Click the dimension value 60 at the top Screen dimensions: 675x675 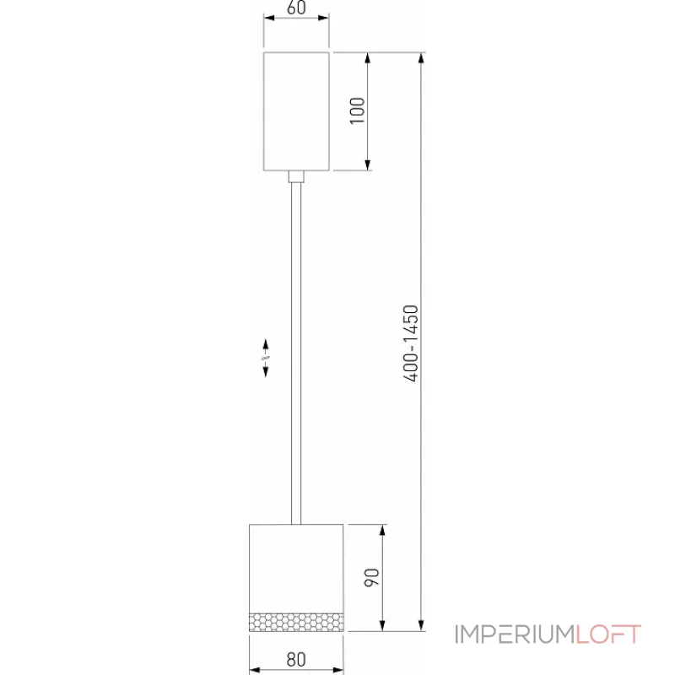click(x=295, y=9)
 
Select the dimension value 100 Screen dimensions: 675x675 click(x=357, y=111)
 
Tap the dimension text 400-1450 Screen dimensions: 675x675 click(x=411, y=343)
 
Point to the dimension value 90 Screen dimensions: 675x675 click(x=372, y=578)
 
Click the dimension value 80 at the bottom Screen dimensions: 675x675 click(x=295, y=659)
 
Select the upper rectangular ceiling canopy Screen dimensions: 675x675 click(x=295, y=111)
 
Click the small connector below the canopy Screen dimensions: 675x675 click(x=295, y=176)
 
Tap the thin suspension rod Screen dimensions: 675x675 click(x=295, y=354)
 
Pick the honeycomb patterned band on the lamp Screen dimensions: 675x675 click(x=295, y=620)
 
